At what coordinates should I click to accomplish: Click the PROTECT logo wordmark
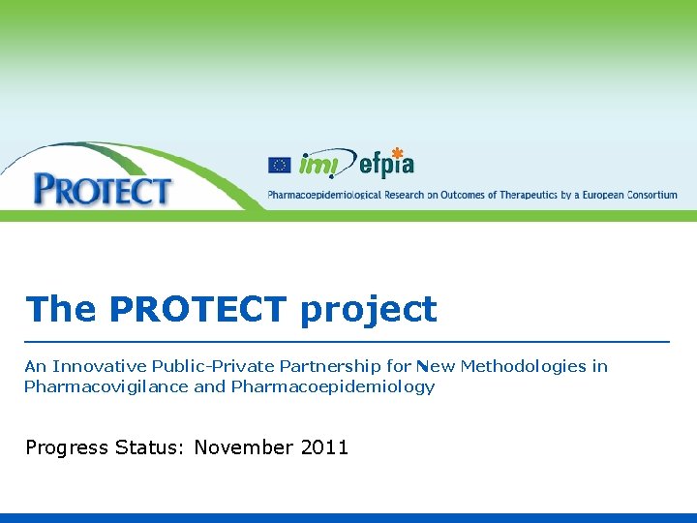(x=102, y=190)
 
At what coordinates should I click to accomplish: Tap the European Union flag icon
(x=279, y=166)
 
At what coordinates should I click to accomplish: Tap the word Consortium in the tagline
(x=652, y=195)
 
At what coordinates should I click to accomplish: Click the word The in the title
(x=61, y=310)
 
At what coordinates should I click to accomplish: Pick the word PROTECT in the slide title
(x=197, y=310)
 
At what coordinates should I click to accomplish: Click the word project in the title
(x=369, y=311)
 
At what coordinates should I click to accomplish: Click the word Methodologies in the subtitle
(x=523, y=366)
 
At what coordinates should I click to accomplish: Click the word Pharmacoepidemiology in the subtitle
(x=333, y=387)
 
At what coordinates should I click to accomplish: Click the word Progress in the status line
(x=67, y=448)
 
